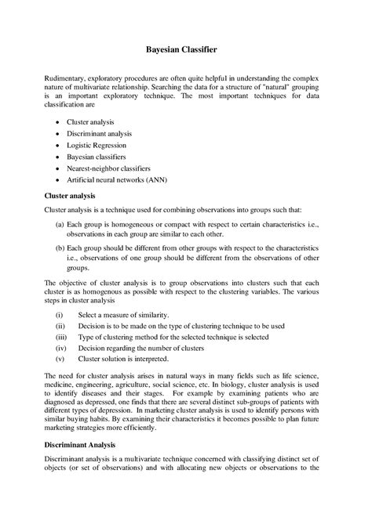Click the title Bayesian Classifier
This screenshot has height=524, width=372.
(x=186, y=49)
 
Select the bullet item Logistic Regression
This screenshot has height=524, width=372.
(x=109, y=145)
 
